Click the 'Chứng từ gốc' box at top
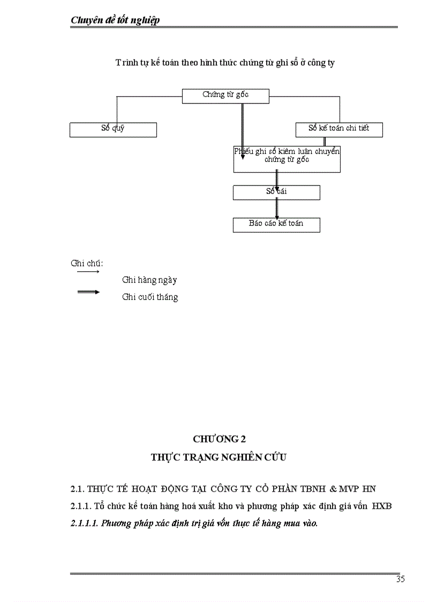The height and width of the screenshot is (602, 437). [225, 95]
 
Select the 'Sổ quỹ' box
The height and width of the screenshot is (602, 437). [113, 130]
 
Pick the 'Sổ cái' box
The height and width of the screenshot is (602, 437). [276, 192]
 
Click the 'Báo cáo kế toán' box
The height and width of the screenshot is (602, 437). [276, 225]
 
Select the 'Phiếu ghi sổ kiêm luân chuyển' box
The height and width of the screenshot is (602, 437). [287, 159]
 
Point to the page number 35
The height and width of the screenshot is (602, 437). [401, 579]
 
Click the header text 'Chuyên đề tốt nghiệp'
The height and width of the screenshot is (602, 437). [116, 20]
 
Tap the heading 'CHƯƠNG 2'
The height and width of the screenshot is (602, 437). [219, 439]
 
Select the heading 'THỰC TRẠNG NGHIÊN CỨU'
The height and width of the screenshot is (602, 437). [219, 457]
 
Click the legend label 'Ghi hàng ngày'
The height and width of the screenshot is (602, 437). [149, 280]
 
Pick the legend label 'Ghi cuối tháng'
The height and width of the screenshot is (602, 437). [150, 297]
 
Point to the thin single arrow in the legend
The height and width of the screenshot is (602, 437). [88, 272]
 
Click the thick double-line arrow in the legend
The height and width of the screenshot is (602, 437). [88, 292]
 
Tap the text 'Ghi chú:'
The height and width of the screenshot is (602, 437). [87, 263]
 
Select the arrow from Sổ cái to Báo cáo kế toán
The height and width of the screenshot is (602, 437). [276, 209]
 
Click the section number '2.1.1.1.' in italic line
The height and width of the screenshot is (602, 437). [85, 523]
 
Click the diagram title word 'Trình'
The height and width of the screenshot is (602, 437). [126, 63]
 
